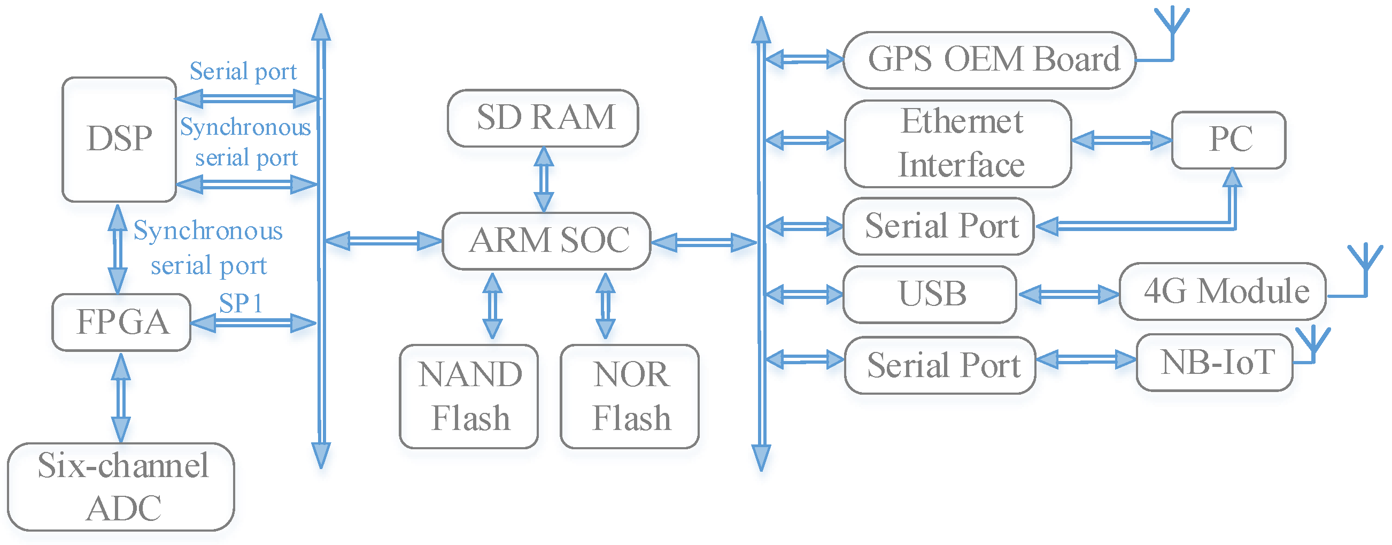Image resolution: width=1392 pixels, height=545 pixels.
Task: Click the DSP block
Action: pyautogui.click(x=119, y=140)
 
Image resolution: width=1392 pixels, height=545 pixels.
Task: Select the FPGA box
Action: pyautogui.click(x=121, y=323)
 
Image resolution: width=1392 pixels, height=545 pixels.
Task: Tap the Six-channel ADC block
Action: pyautogui.click(x=121, y=487)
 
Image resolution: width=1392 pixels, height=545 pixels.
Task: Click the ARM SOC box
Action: pyautogui.click(x=546, y=241)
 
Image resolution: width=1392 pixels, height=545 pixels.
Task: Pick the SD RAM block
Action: pyautogui.click(x=543, y=118)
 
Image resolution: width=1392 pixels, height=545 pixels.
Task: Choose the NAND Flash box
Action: pyautogui.click(x=468, y=396)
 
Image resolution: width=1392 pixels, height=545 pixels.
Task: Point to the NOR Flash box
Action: pyautogui.click(x=630, y=396)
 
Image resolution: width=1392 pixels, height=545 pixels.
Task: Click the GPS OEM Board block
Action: pyautogui.click(x=988, y=60)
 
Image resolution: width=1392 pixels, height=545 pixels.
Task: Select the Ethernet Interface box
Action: pyautogui.click(x=957, y=143)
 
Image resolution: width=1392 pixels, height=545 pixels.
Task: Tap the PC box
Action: pyautogui.click(x=1228, y=140)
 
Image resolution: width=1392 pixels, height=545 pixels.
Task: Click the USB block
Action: pyautogui.click(x=930, y=294)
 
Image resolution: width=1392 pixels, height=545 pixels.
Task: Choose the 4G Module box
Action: pyautogui.click(x=1223, y=291)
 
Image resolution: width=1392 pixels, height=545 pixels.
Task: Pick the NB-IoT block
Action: pyautogui.click(x=1214, y=362)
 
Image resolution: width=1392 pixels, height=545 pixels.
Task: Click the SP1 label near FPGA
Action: pyautogui.click(x=241, y=303)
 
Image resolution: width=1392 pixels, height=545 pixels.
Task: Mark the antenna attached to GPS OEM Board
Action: pyautogui.click(x=1172, y=24)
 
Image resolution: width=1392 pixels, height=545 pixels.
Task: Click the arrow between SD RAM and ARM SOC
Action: pyautogui.click(x=544, y=179)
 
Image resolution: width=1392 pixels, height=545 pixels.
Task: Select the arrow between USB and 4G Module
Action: pyautogui.click(x=1068, y=294)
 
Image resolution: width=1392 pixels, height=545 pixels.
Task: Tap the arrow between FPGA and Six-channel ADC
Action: pyautogui.click(x=120, y=397)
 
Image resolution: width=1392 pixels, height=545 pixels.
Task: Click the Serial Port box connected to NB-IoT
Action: pyautogui.click(x=940, y=365)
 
